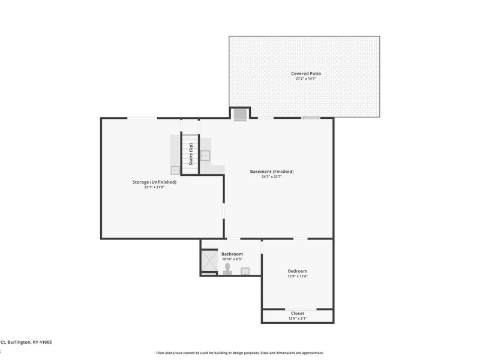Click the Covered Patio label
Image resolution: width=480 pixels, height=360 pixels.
tap(306, 73)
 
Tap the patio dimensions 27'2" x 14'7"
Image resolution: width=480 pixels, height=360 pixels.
tap(306, 79)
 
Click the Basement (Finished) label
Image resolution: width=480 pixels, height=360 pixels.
tap(272, 171)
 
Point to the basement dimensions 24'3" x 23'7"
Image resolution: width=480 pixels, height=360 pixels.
tap(272, 176)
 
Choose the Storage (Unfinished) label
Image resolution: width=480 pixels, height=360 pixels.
tap(154, 182)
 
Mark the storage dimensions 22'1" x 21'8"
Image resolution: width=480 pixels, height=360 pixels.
tap(154, 187)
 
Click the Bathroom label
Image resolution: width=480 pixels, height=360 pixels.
tap(232, 254)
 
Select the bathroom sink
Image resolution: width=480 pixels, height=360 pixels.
tap(245, 271)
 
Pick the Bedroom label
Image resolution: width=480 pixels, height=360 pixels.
tap(298, 271)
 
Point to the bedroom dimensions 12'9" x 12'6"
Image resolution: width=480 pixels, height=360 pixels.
tap(298, 276)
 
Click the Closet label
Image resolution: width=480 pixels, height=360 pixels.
tap(298, 313)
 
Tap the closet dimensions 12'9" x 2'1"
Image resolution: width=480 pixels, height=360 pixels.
tap(298, 319)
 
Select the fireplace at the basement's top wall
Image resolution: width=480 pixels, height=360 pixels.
tap(241, 114)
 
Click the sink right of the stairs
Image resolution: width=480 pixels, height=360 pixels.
tap(205, 156)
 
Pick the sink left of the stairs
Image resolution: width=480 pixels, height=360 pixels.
tap(176, 170)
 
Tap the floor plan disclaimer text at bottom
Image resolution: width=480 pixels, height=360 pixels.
tap(240, 353)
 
